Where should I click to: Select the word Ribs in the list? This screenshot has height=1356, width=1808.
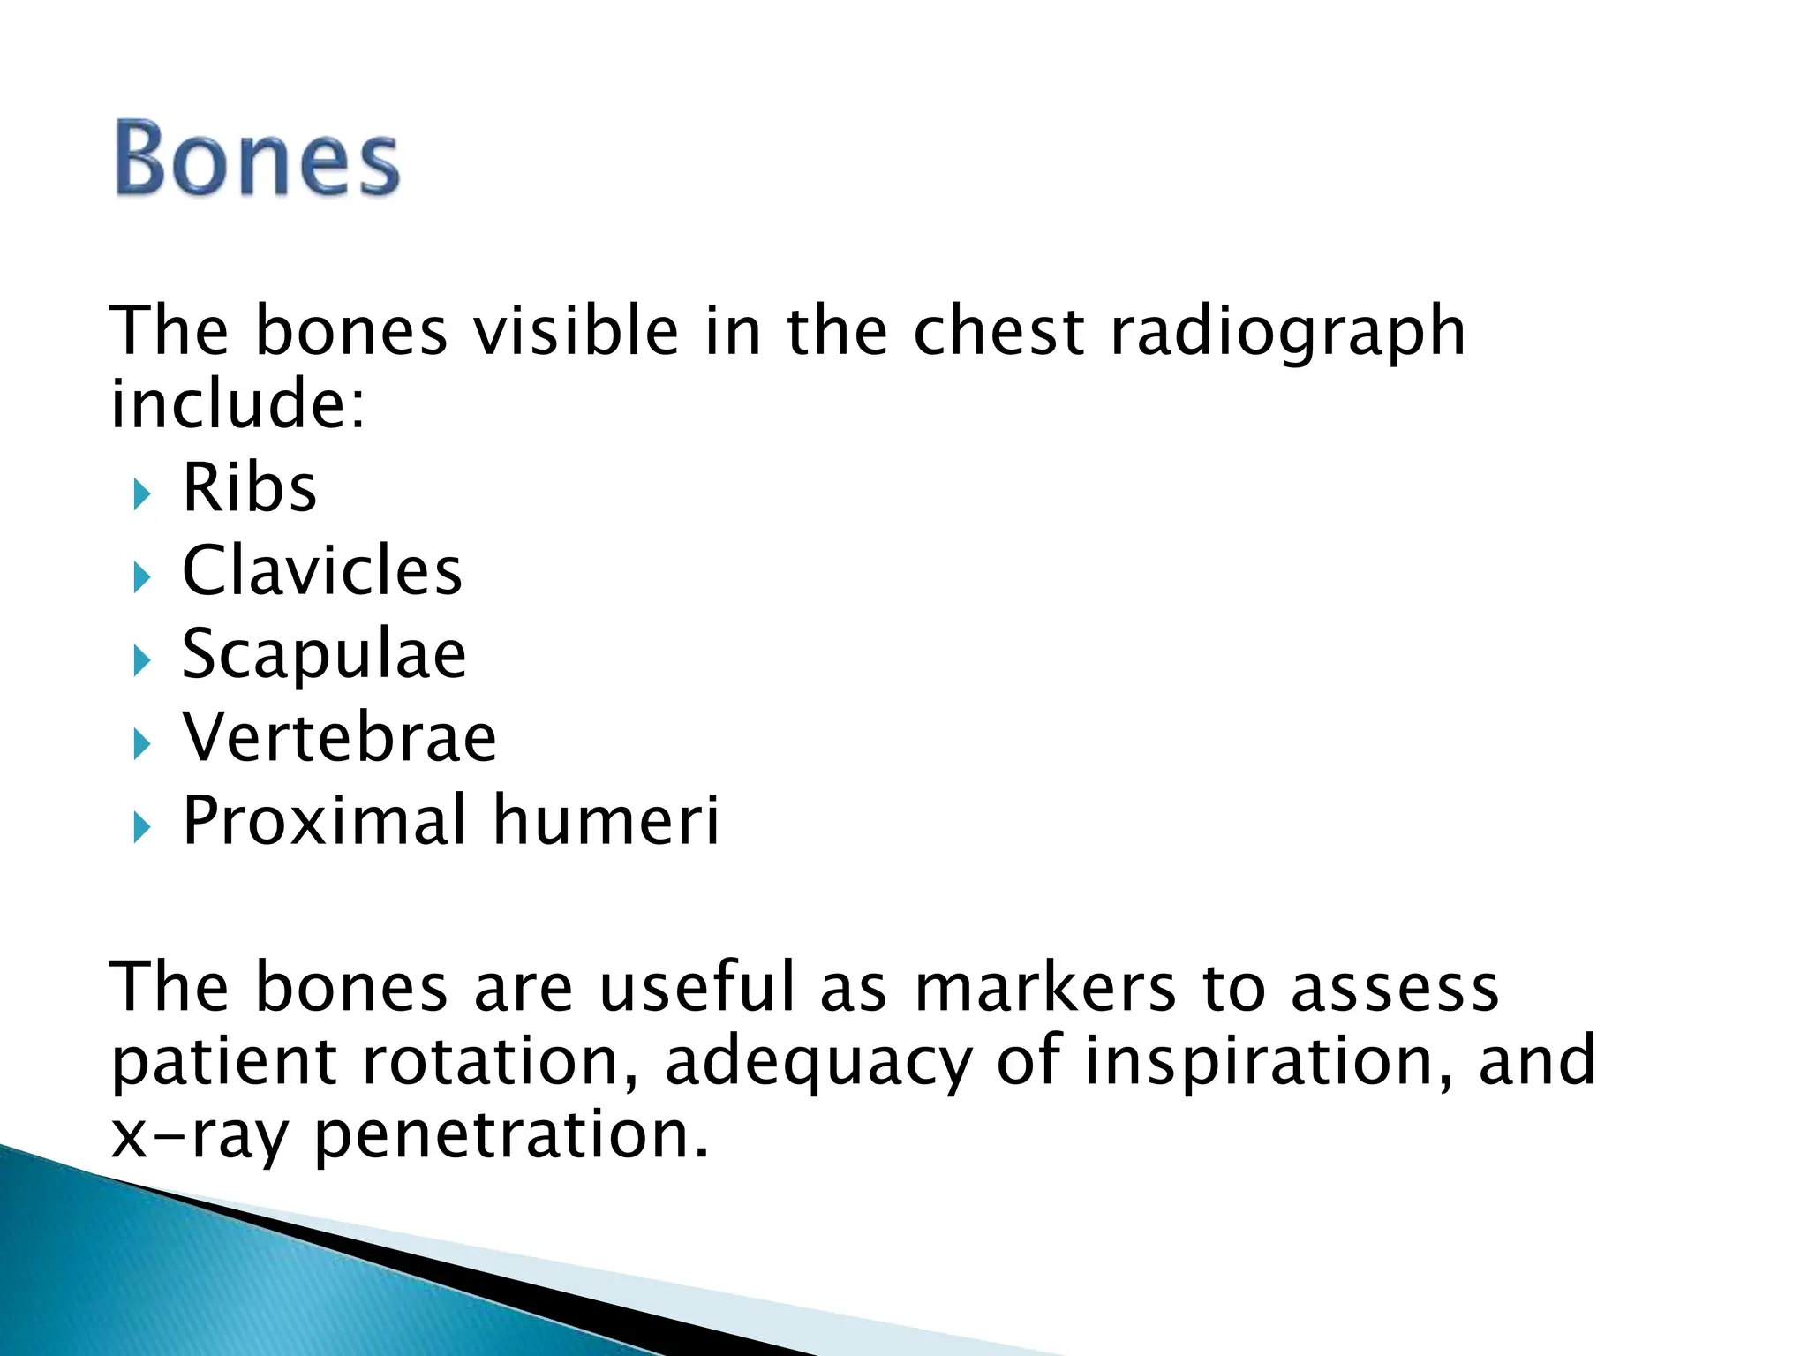click(x=249, y=488)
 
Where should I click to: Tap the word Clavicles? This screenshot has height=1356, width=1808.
click(x=322, y=571)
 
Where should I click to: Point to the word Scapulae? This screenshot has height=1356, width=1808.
click(x=324, y=654)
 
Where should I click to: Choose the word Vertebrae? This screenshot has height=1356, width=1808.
click(x=340, y=737)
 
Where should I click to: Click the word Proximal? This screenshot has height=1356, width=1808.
click(x=324, y=820)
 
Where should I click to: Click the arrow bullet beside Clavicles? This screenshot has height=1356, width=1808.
click(x=142, y=578)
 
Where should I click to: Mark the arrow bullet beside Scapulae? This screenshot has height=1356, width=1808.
click(x=142, y=661)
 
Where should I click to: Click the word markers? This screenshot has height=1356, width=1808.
click(x=1045, y=987)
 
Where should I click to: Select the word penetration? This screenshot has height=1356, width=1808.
click(x=511, y=1134)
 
